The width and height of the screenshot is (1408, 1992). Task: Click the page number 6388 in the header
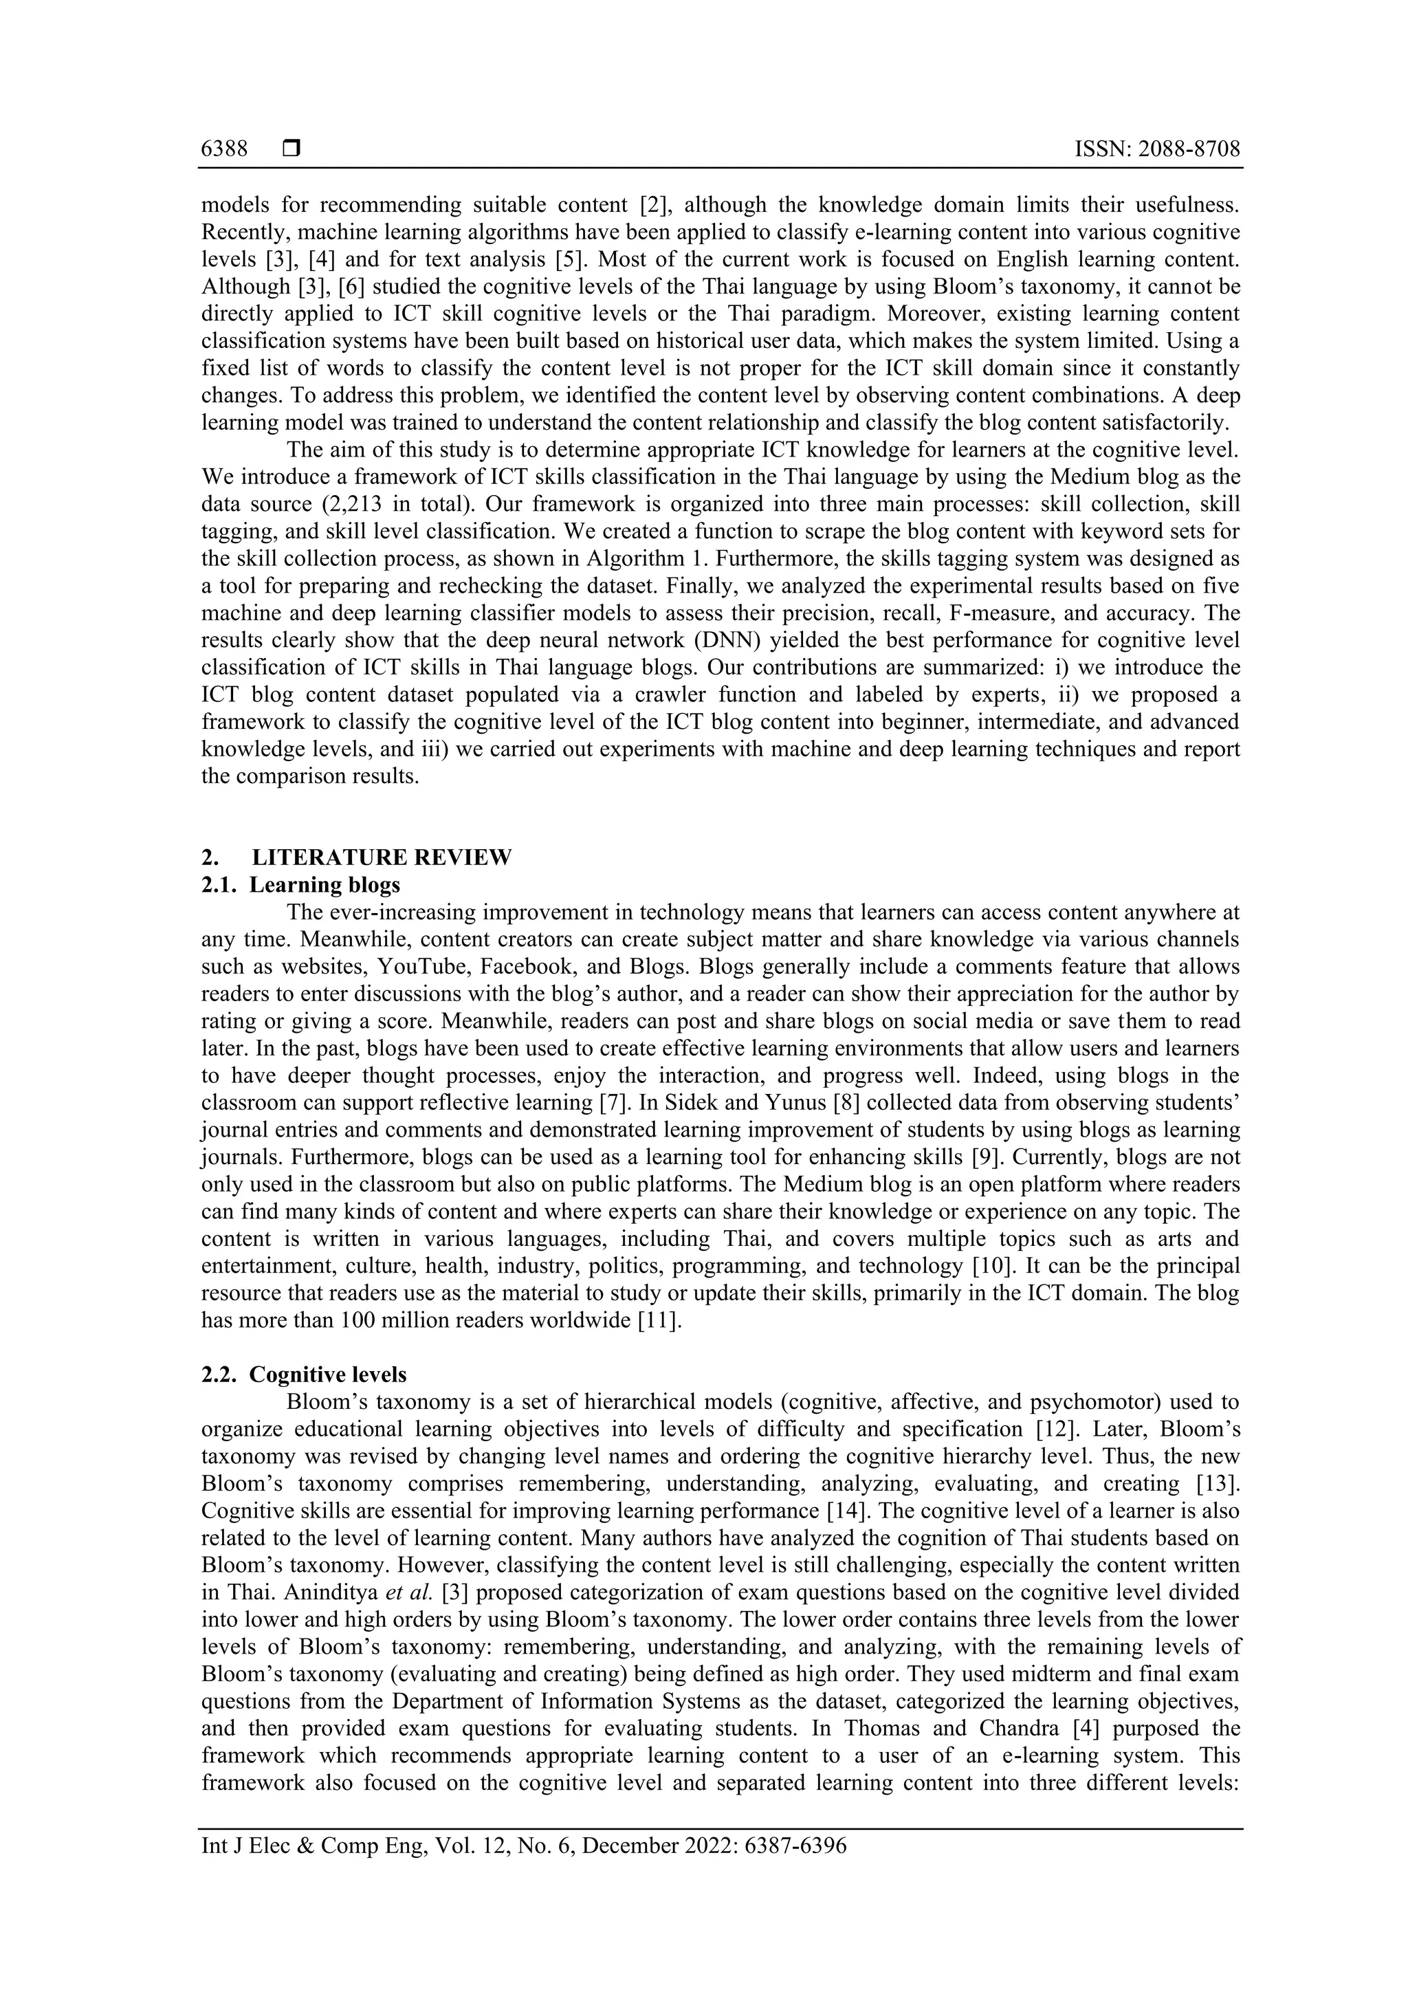pos(224,149)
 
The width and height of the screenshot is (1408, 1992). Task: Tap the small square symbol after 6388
pos(291,149)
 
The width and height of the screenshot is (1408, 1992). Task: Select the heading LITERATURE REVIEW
pos(382,857)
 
